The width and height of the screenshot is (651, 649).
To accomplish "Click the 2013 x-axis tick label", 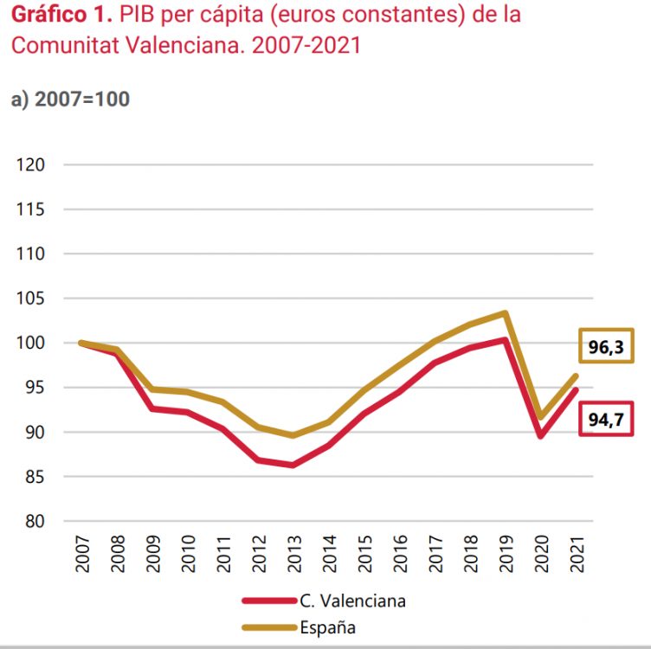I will [x=293, y=553].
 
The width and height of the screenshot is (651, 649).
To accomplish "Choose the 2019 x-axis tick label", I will [x=505, y=553].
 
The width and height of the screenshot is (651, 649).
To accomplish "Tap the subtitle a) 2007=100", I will [x=70, y=99].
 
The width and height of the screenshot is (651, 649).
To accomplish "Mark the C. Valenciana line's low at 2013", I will [x=293, y=466].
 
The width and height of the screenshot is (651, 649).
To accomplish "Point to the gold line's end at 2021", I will [x=576, y=376].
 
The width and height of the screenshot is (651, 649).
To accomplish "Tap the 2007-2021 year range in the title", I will [x=306, y=45].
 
